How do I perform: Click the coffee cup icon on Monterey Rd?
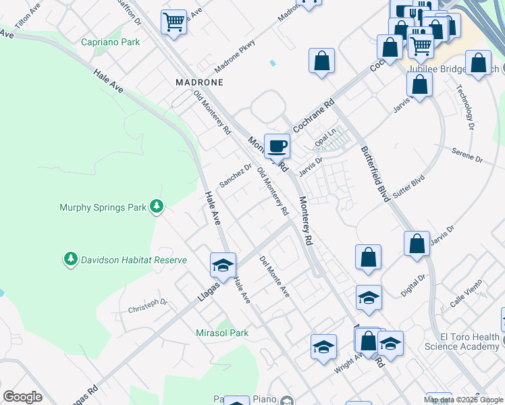coord(277,145)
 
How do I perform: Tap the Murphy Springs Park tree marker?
coord(157,206)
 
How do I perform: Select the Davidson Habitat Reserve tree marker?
coord(70,259)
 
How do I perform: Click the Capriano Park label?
coord(110,42)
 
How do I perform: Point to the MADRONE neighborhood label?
coord(199,82)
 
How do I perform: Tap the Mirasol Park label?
coord(222,333)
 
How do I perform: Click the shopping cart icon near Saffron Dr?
coord(174,22)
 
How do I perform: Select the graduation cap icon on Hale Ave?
coord(223,265)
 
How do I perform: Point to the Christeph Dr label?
coord(147,306)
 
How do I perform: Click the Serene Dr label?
coord(467,156)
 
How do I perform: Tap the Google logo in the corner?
coord(22,397)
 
